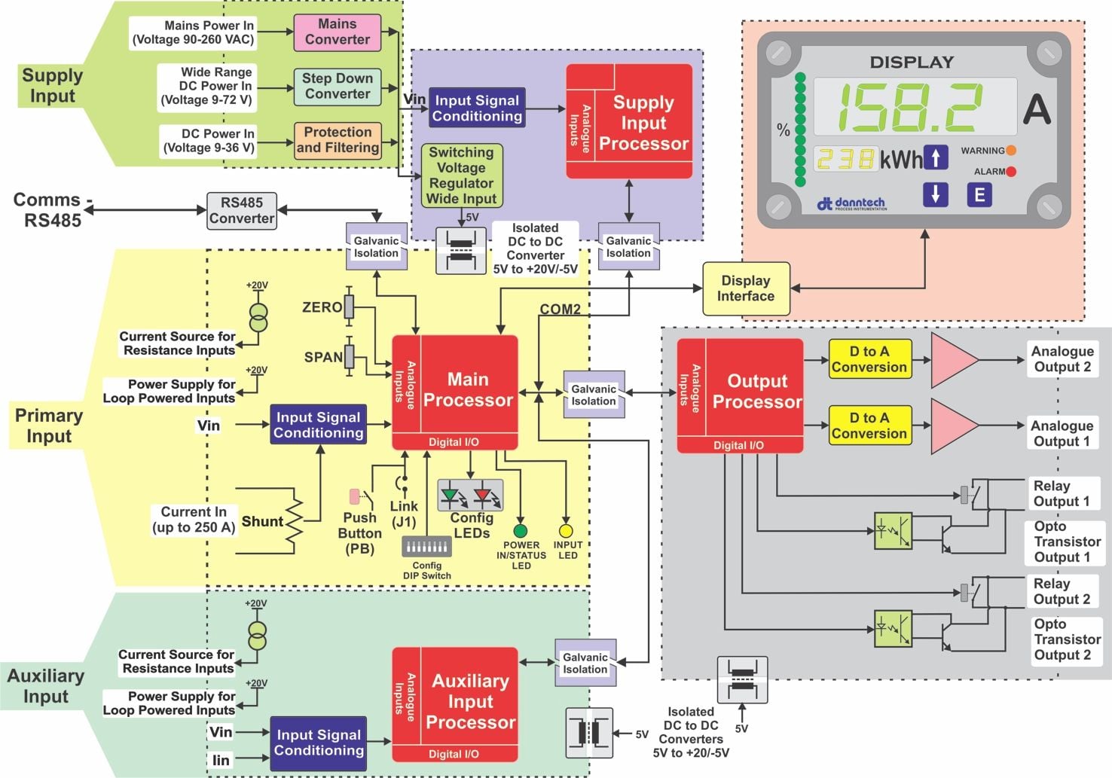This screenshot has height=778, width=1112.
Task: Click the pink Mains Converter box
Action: pos(337,32)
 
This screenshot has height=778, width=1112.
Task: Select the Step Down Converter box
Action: pos(337,87)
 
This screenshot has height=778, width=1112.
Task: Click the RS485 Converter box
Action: pos(242,211)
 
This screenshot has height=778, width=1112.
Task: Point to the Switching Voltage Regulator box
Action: pos(461,175)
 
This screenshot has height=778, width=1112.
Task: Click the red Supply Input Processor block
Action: pos(629,121)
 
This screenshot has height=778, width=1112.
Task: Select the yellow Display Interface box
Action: pos(745,288)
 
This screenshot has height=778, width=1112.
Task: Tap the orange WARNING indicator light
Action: pos(1011,151)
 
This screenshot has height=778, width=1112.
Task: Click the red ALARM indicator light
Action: pos(1011,172)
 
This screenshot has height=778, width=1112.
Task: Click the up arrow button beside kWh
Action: pos(935,157)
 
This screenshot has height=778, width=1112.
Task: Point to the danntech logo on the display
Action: pos(851,203)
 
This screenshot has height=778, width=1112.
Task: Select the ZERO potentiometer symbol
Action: pos(349,307)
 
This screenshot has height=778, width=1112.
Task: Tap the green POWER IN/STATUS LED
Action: pos(520,531)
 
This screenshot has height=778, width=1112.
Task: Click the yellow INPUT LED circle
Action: pos(566,531)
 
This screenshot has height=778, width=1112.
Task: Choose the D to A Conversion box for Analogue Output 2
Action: pos(869,360)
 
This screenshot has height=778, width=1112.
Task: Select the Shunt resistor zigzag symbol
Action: pos(294,521)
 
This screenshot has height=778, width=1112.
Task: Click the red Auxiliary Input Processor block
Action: pos(454,703)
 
